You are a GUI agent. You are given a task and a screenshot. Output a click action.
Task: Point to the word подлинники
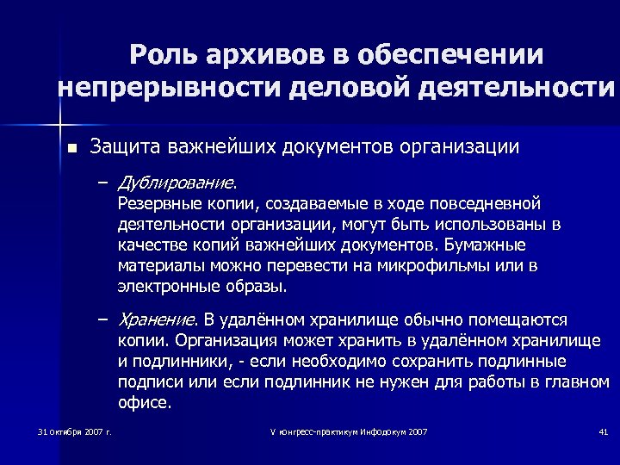click(x=178, y=361)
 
